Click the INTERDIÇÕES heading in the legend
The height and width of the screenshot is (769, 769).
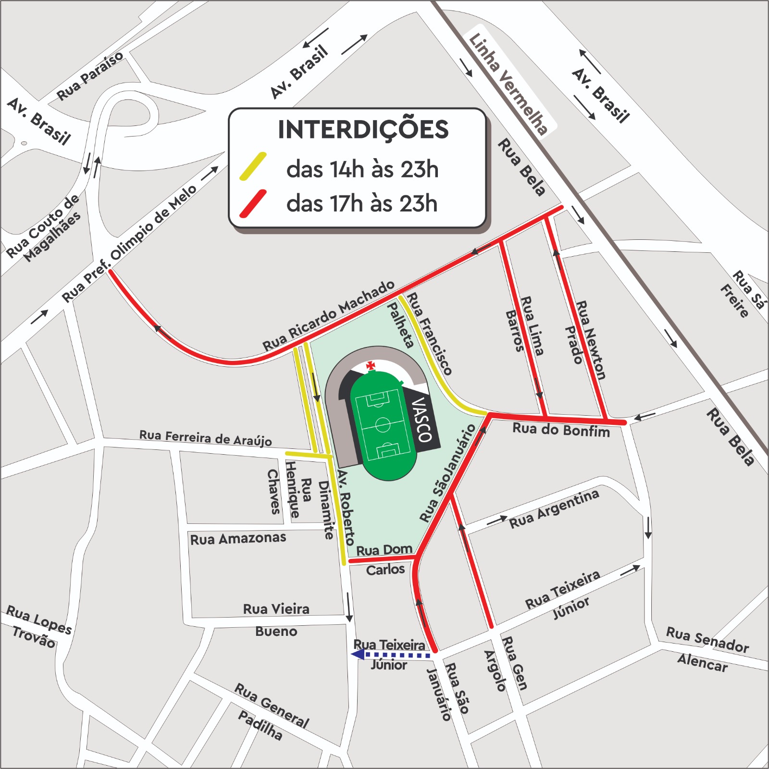point(363,130)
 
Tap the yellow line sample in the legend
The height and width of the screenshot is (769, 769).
point(253,166)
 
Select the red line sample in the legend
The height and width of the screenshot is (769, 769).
point(253,203)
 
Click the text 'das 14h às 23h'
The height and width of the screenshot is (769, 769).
point(362,169)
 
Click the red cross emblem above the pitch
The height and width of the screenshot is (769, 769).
point(371,366)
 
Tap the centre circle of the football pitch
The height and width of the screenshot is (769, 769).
point(383,425)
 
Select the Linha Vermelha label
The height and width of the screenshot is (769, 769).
point(508,84)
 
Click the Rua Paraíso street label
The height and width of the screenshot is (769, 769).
point(90,76)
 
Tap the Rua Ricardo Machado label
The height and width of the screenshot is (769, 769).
point(328,316)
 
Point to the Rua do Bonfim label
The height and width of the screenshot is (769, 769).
point(561,430)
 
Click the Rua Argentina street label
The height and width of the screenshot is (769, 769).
point(554,509)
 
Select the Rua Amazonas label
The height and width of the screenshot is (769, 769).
point(238,538)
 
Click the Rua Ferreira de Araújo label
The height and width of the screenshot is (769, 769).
point(205,437)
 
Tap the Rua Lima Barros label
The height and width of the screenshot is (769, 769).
point(524,326)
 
